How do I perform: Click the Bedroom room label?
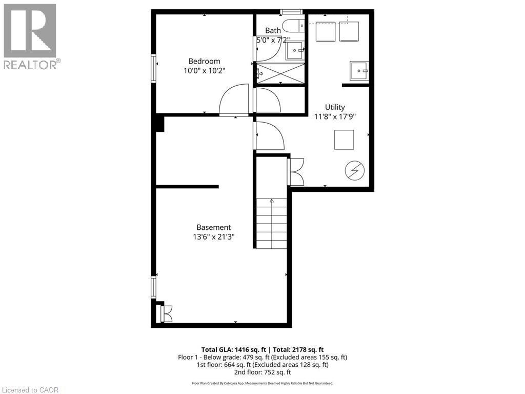point(204,61)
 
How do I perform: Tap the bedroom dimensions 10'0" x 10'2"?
point(204,71)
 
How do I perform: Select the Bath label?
point(273,31)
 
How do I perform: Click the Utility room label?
point(335,107)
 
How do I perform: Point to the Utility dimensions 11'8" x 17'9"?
point(335,116)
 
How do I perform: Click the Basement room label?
point(214,227)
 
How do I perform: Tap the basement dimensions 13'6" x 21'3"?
point(214,237)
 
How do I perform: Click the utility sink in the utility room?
point(359,70)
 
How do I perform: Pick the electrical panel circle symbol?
point(354,170)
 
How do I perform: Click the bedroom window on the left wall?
point(153,67)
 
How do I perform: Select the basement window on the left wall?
point(153,287)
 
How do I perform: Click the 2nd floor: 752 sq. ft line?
point(262,372)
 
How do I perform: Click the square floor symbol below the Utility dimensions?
point(344,140)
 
